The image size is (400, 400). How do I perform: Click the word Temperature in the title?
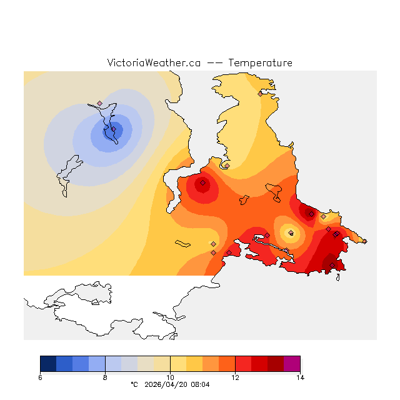(260, 62)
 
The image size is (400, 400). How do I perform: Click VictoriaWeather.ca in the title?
(154, 62)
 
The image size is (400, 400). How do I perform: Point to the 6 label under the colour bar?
(40, 377)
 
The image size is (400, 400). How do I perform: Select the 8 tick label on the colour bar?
(105, 377)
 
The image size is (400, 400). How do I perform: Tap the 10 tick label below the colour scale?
(170, 377)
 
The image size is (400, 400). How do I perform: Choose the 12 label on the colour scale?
(235, 377)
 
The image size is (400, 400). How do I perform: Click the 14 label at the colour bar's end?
(300, 377)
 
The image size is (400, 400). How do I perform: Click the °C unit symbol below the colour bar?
(133, 384)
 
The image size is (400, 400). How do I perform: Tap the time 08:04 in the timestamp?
(201, 384)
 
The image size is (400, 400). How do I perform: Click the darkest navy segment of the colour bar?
(48, 363)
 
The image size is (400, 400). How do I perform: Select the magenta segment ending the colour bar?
(292, 363)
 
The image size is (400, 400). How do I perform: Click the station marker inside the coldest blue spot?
(113, 129)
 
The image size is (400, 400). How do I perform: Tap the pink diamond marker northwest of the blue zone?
(99, 103)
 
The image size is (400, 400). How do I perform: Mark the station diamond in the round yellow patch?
(291, 233)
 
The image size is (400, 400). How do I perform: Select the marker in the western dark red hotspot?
(203, 183)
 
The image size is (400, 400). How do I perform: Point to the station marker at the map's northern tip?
(261, 94)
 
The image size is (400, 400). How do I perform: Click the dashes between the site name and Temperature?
(214, 62)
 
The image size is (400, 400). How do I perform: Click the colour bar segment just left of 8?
(97, 363)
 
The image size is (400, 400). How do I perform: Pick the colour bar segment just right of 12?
(243, 363)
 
